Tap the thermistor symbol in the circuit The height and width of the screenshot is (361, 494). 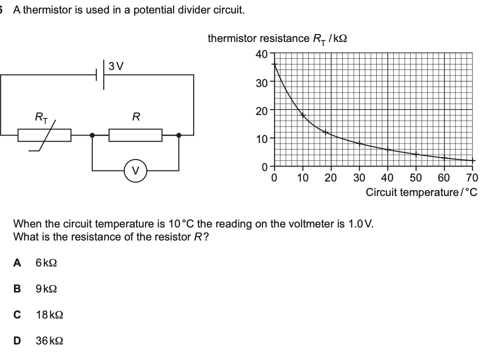pyautogui.click(x=44, y=135)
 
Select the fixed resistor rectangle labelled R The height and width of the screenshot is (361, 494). pyautogui.click(x=135, y=135)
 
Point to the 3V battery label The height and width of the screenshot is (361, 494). pyautogui.click(x=116, y=65)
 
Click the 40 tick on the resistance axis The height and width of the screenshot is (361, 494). pyautogui.click(x=261, y=54)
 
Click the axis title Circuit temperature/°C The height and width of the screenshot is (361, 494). pyautogui.click(x=421, y=192)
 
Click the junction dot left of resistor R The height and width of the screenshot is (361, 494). pyautogui.click(x=92, y=135)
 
